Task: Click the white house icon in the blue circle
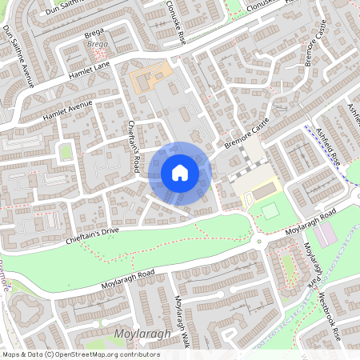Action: click(179, 172)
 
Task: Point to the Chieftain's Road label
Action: click(135, 146)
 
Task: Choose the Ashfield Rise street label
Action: click(329, 144)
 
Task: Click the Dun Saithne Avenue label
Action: click(18, 55)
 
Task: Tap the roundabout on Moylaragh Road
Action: click(258, 241)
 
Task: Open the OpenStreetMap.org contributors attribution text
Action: click(104, 354)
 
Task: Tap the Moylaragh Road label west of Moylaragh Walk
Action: click(127, 278)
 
